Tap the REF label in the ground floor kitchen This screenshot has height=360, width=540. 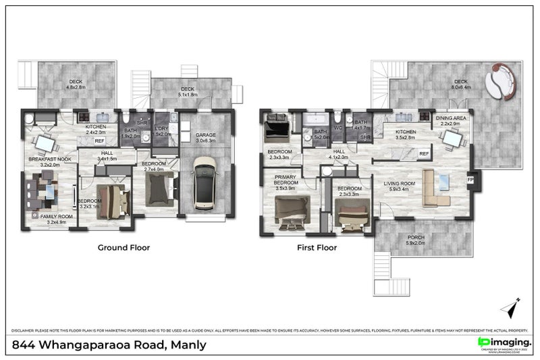[99, 141]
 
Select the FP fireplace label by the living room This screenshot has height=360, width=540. [470, 180]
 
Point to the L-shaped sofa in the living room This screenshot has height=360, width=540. [432, 189]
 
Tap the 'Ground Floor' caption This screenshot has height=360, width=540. [124, 248]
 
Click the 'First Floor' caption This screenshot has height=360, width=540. [317, 248]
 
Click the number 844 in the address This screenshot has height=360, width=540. [26, 344]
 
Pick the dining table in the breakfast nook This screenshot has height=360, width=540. [44, 144]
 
